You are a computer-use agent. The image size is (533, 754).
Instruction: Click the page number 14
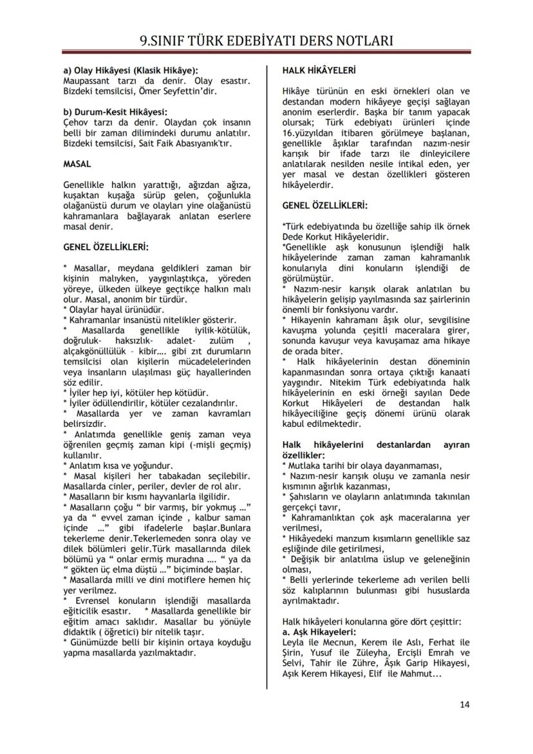point(465,704)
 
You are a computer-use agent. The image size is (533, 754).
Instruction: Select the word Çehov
point(77,122)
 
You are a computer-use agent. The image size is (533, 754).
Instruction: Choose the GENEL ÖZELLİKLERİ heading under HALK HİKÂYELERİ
point(326,205)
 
